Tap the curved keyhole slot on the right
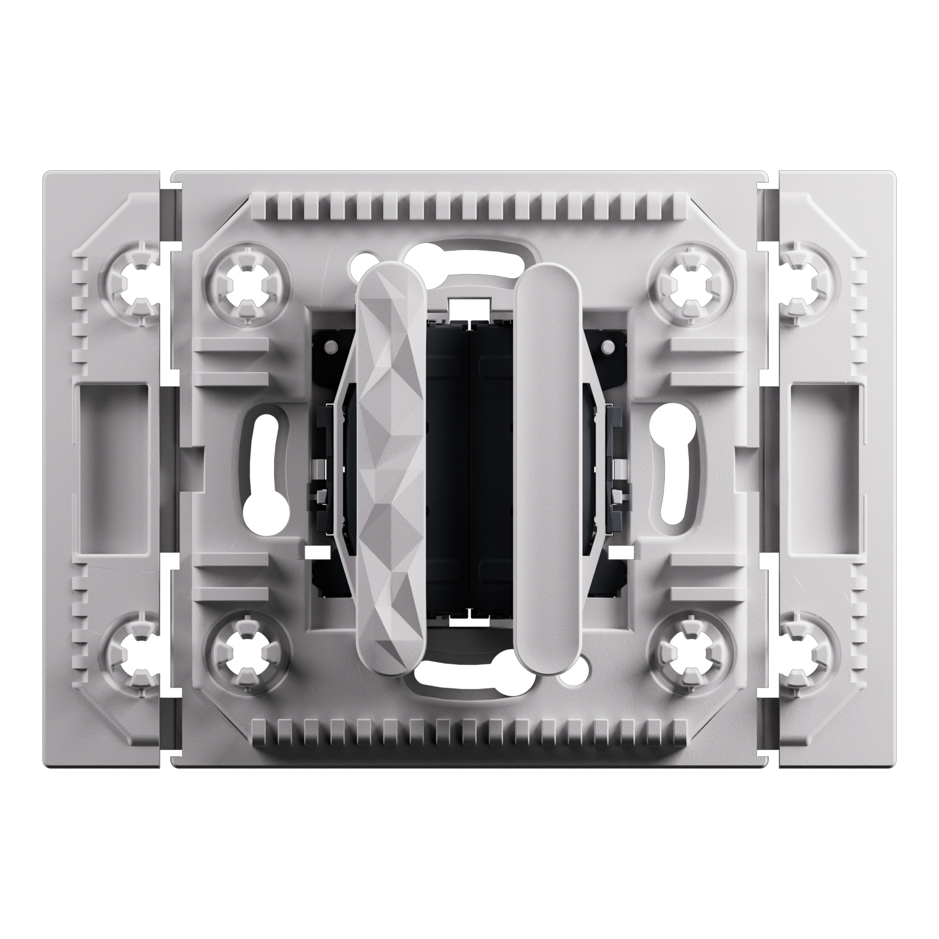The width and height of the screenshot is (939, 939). coord(671,469)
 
